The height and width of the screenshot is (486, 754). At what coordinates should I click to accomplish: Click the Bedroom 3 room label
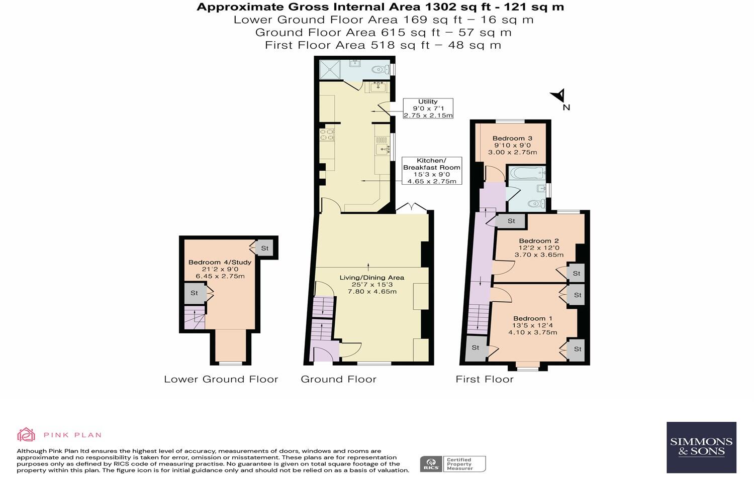[512, 145]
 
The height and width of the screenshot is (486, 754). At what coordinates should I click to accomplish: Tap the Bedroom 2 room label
[539, 248]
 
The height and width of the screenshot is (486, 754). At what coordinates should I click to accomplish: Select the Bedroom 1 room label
[533, 325]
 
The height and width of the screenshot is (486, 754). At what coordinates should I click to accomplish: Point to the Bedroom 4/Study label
[220, 269]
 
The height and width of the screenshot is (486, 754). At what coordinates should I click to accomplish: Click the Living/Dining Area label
[371, 284]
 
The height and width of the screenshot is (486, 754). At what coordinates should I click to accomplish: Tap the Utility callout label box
[428, 108]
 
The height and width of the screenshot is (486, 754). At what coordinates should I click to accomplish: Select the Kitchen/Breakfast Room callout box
[431, 171]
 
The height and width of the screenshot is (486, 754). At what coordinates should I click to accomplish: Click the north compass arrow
[559, 96]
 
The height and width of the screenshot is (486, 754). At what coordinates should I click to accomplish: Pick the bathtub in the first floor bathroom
[526, 173]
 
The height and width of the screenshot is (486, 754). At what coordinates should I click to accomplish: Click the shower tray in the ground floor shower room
[329, 70]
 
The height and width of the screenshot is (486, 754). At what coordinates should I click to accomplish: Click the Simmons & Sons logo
[701, 447]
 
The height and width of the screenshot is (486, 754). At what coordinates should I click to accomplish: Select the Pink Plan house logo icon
[26, 435]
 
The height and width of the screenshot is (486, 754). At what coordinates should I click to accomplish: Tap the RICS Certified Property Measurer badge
[453, 463]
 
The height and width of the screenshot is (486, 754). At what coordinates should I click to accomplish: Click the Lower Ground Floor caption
[221, 379]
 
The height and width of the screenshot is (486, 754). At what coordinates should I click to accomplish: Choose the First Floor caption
[484, 379]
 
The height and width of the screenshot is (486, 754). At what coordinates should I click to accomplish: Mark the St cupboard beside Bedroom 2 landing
[511, 221]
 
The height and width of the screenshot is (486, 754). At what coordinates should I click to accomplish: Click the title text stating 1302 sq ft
[380, 7]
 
